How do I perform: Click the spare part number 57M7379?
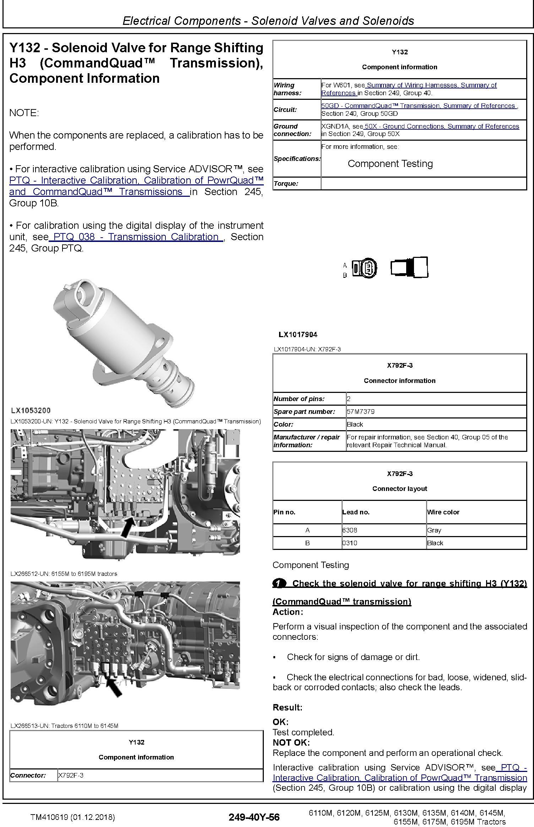[361, 412]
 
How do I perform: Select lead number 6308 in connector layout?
[350, 530]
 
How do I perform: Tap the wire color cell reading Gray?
[434, 530]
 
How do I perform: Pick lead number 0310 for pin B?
[350, 543]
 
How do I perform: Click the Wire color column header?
[443, 512]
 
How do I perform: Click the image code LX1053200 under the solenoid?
[31, 410]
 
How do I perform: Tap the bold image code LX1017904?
[298, 334]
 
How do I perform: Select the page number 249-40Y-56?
[254, 817]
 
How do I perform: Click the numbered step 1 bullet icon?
[279, 583]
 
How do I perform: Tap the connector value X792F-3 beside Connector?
[71, 775]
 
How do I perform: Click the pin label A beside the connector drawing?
[345, 265]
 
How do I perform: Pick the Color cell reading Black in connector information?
[355, 424]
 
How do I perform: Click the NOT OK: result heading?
[291, 742]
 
